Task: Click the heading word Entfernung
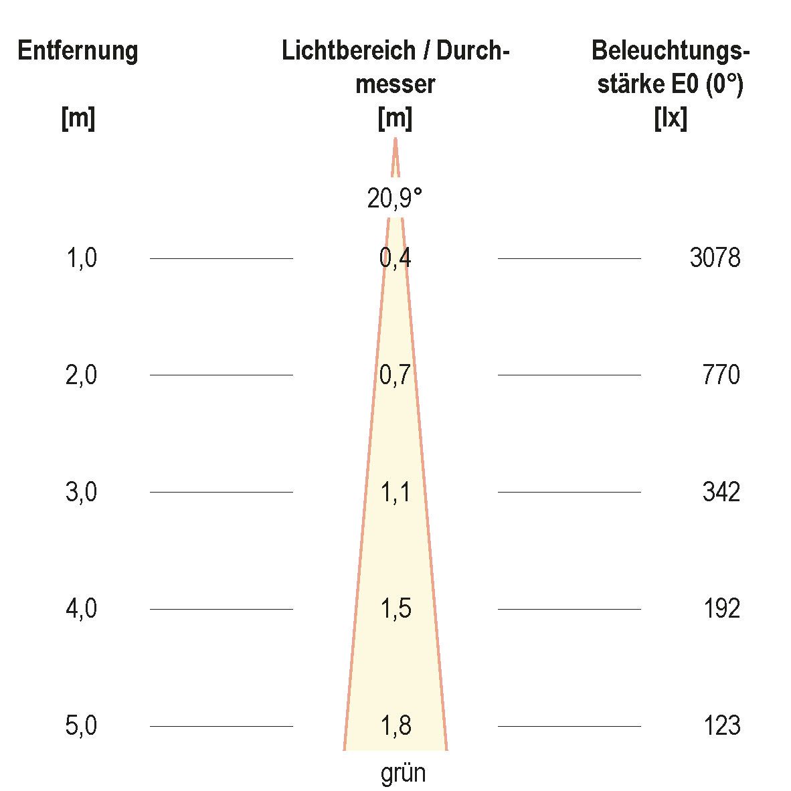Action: click(x=78, y=52)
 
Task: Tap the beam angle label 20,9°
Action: click(x=395, y=198)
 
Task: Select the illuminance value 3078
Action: click(x=715, y=258)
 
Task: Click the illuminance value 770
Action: click(x=721, y=375)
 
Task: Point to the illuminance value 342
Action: click(x=721, y=492)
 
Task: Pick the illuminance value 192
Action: click(x=721, y=609)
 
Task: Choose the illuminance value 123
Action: click(x=721, y=726)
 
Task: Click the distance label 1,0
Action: click(x=82, y=258)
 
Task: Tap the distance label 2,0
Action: click(x=82, y=375)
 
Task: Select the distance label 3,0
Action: click(x=82, y=492)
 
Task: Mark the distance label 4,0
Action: click(x=82, y=609)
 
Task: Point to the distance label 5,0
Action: click(x=82, y=726)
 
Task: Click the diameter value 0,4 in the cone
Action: click(x=395, y=258)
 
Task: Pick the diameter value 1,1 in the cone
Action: click(x=395, y=492)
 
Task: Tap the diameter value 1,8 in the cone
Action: click(x=395, y=726)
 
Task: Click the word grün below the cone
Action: click(x=403, y=774)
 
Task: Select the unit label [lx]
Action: click(x=670, y=119)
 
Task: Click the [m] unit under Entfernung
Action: click(x=78, y=119)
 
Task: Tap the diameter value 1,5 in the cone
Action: click(x=395, y=609)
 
